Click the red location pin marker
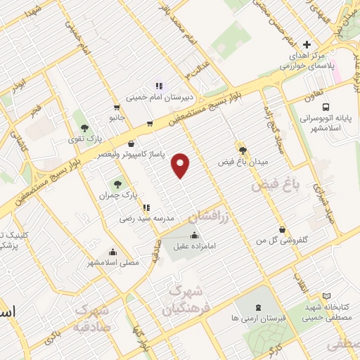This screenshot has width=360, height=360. (181, 165)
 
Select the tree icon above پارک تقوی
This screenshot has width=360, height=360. (85, 128)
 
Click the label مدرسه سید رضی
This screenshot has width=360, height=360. (143, 219)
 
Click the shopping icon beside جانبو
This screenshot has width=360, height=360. (149, 124)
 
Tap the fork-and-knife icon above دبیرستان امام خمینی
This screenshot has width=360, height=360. (158, 85)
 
